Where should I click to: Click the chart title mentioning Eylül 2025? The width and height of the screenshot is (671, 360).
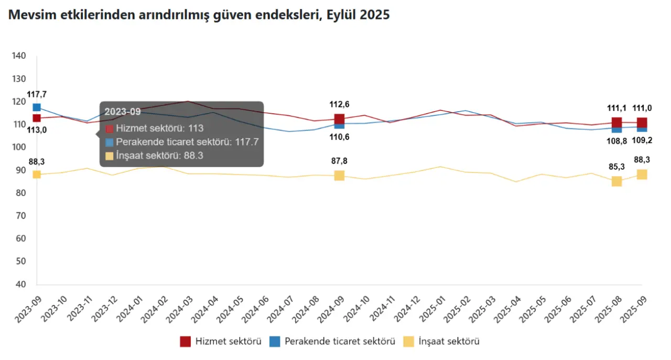[199, 15]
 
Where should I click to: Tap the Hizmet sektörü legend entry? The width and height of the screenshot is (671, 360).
[221, 342]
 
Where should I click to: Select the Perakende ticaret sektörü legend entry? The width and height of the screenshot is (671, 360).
[332, 342]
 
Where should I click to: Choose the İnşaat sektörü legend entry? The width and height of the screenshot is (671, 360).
[442, 342]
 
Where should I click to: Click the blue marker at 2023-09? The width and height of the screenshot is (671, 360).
[37, 107]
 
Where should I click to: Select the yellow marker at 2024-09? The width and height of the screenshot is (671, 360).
[339, 176]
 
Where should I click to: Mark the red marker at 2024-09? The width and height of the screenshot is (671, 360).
[339, 119]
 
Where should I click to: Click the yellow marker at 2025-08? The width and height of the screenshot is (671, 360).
[616, 181]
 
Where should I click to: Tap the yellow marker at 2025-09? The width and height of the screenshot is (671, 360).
[642, 174]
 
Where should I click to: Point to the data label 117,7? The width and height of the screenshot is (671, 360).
[37, 94]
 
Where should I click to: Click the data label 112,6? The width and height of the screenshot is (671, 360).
[339, 104]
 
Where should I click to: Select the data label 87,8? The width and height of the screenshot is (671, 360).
[339, 161]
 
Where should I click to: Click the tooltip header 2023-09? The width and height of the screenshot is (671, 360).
[122, 112]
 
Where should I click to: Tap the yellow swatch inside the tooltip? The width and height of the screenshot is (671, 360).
[109, 156]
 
